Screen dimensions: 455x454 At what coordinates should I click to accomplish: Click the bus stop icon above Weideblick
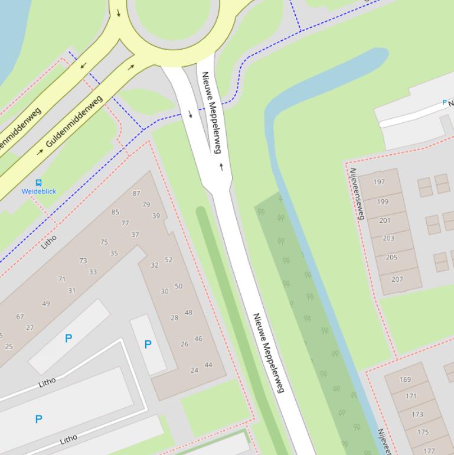click(38, 183)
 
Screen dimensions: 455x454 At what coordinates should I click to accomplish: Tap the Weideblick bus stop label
click(39, 191)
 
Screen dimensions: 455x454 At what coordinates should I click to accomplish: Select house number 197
click(379, 182)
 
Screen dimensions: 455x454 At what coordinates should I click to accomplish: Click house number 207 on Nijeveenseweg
click(397, 279)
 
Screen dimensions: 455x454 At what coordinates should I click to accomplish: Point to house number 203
click(388, 239)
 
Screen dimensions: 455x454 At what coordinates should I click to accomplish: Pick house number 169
click(405, 379)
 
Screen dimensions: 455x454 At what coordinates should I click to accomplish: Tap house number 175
click(423, 432)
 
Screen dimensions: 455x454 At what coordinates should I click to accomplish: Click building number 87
click(136, 193)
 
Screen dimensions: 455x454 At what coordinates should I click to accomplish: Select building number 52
click(169, 260)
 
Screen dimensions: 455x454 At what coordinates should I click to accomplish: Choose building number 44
click(208, 365)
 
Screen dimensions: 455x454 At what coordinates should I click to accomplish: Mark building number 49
click(46, 304)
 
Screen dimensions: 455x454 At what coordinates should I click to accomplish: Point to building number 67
click(20, 317)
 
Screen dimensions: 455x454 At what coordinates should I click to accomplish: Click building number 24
click(194, 370)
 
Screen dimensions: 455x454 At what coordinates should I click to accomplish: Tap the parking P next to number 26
click(148, 344)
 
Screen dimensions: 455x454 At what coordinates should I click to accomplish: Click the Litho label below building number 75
click(50, 241)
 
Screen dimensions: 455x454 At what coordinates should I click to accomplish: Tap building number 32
click(155, 265)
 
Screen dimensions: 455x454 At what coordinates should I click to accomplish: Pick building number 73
click(83, 261)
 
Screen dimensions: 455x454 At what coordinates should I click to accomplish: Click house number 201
click(385, 220)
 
